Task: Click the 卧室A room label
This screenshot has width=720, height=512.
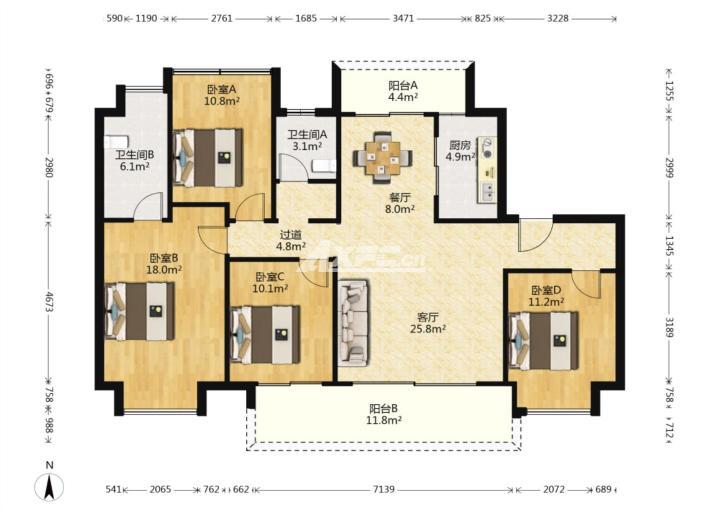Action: tap(221, 89)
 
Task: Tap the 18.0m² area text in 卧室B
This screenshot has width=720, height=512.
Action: tap(164, 270)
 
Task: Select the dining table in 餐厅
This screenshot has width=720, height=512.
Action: tap(382, 158)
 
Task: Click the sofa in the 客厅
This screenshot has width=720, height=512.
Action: tap(353, 323)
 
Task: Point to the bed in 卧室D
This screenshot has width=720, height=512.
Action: tap(544, 341)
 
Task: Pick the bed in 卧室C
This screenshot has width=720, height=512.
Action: tap(265, 335)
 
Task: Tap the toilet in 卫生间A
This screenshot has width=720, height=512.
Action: tap(324, 166)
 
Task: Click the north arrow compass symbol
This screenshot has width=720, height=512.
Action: tap(50, 486)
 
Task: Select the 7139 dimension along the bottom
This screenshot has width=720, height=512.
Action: tap(383, 489)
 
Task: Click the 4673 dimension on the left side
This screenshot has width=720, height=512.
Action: tap(49, 301)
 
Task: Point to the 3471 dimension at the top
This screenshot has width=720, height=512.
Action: tap(404, 18)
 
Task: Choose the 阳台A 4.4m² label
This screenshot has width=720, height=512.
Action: tap(403, 91)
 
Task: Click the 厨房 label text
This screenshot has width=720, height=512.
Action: tap(460, 146)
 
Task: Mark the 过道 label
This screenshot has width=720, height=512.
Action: tap(291, 235)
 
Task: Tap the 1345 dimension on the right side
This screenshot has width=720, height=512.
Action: tap(669, 247)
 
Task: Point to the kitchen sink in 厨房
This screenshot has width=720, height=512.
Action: tap(487, 192)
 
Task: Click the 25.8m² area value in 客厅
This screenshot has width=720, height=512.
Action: tap(428, 329)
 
